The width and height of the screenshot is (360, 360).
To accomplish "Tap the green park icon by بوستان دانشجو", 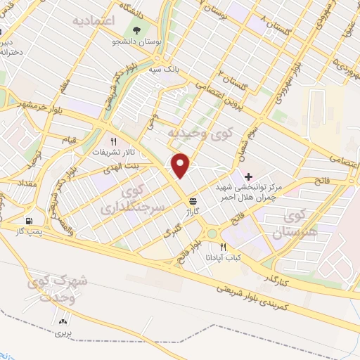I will [136, 31].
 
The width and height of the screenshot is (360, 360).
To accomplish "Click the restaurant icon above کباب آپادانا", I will [224, 247].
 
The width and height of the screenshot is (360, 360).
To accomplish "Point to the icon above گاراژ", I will [193, 200].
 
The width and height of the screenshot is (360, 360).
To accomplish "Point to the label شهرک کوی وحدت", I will [55, 288].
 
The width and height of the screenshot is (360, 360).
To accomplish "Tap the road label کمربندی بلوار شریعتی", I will [266, 295].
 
